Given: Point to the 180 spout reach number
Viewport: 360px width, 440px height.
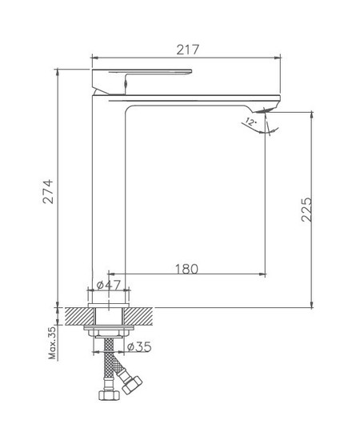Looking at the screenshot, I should (x=186, y=269).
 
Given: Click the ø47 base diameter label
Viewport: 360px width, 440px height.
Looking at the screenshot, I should (x=108, y=285).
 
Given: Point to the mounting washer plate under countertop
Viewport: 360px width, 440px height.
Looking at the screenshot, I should (x=107, y=329).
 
